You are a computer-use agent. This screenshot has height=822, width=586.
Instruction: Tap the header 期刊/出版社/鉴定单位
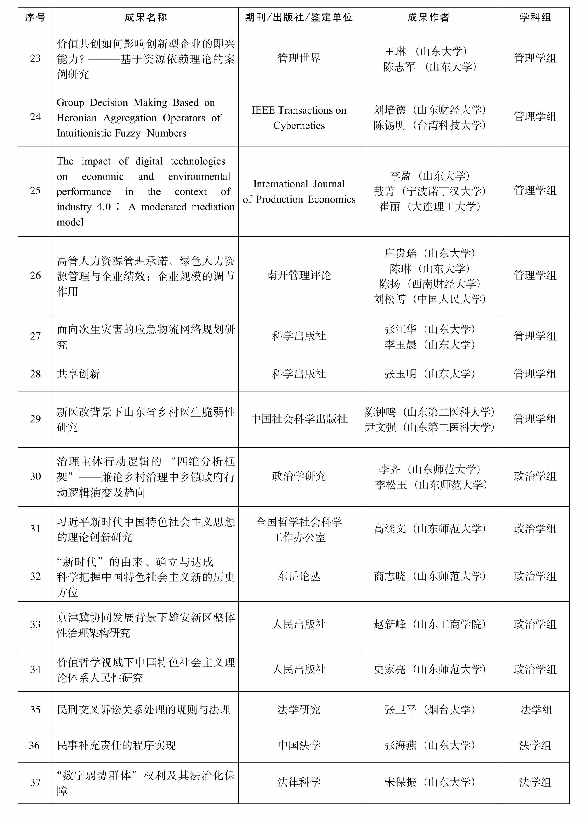coord(299,17)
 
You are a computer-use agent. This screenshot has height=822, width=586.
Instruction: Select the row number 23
coord(35,58)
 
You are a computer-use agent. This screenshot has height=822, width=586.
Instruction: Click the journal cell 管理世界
coord(299,58)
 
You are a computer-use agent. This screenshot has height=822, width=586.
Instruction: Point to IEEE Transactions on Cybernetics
coord(299,118)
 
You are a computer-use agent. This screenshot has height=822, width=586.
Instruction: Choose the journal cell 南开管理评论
coord(299,276)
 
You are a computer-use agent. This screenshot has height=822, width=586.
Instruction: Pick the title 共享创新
coord(78,374)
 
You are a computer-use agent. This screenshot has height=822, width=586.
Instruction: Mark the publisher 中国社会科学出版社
coord(299,419)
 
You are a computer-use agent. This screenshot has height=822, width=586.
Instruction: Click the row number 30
coord(35,476)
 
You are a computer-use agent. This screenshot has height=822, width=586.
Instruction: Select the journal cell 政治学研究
coord(299,476)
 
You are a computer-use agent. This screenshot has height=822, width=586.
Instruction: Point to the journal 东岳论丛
coord(299,576)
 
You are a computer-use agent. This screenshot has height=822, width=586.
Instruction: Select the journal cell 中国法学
coord(299,745)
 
